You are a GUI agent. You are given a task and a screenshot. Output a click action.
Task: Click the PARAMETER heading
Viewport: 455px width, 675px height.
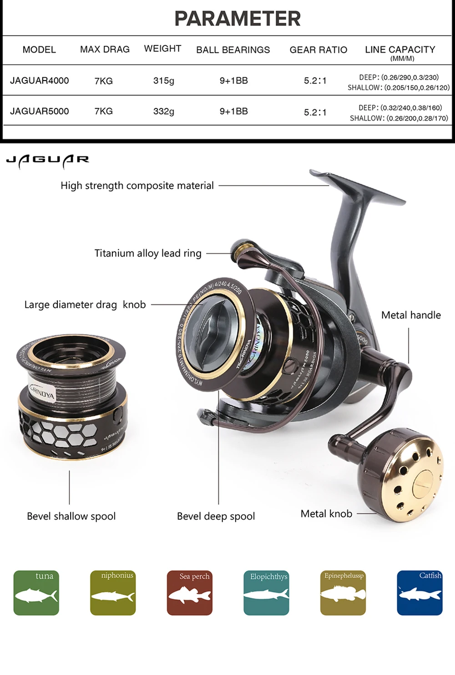tap(237, 19)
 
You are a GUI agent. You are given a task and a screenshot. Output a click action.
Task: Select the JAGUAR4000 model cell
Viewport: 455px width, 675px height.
tap(40, 81)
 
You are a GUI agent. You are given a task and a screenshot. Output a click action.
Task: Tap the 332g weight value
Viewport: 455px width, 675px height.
tap(164, 111)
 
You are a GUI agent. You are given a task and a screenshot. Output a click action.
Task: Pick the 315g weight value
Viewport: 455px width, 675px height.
tap(164, 81)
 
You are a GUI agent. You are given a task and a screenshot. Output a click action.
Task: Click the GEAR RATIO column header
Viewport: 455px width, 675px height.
tap(318, 50)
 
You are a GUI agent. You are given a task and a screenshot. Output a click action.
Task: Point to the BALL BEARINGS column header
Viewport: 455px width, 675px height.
tap(233, 50)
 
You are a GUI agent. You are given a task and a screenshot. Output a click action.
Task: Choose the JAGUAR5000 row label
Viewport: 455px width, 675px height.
tap(40, 111)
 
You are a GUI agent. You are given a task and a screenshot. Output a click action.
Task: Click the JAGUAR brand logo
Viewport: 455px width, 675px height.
tap(48, 160)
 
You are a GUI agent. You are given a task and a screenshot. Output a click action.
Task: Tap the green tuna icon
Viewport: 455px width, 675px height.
tap(36, 593)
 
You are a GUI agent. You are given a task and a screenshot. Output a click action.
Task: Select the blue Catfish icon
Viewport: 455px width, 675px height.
tap(420, 593)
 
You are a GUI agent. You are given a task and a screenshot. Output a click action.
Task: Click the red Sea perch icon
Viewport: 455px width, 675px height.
tap(189, 593)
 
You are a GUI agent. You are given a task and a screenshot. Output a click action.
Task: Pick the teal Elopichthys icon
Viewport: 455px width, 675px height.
tap(266, 593)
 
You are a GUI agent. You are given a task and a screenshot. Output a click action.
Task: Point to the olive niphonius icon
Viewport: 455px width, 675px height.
tap(113, 593)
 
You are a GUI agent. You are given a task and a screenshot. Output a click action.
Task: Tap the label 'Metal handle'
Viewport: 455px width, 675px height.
tap(411, 315)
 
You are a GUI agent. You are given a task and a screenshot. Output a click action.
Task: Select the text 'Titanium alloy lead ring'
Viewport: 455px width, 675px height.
tap(148, 253)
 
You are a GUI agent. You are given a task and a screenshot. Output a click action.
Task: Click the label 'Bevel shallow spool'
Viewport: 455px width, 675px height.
tap(71, 516)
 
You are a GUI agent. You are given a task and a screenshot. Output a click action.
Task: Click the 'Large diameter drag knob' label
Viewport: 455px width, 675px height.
tap(85, 305)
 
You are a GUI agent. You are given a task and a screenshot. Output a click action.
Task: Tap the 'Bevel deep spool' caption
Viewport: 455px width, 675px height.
tap(216, 516)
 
